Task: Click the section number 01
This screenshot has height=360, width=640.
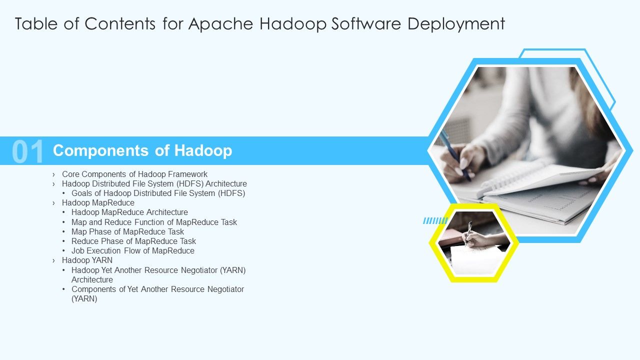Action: point(28,151)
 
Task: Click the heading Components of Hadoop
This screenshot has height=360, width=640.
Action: point(142,150)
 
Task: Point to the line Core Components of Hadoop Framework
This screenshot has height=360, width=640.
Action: point(134,174)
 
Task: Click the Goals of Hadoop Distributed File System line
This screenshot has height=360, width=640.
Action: point(158,193)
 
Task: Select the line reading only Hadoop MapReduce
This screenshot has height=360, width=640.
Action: point(98,203)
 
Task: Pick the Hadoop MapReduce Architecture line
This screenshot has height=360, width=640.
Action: point(129,212)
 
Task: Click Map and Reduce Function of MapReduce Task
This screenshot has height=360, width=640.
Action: point(154,222)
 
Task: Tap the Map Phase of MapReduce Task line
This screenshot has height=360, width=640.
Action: point(127,231)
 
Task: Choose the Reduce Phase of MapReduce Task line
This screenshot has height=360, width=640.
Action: point(133,241)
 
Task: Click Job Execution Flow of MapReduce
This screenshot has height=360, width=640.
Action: point(132,250)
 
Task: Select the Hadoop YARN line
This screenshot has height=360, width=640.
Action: point(87,260)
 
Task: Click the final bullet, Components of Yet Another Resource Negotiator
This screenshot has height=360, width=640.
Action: point(157,289)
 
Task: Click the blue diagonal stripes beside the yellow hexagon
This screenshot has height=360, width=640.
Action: point(435,220)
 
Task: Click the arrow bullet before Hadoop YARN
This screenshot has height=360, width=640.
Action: point(53,260)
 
